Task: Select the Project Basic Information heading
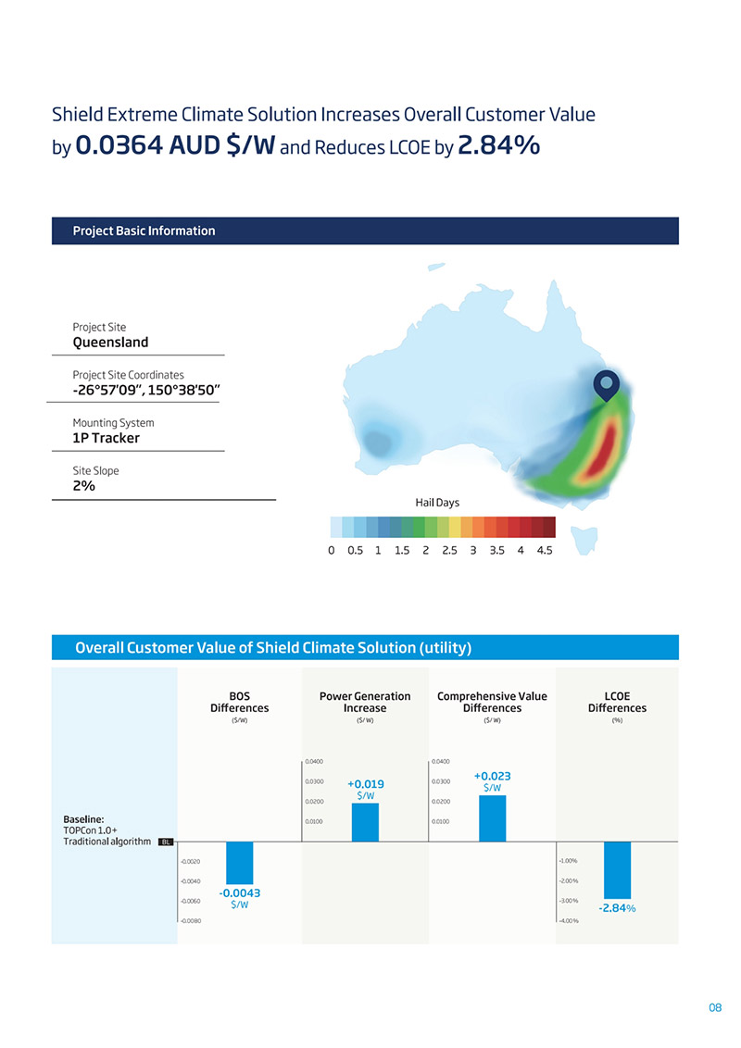tap(144, 231)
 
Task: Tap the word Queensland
tap(110, 343)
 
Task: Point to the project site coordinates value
tap(145, 390)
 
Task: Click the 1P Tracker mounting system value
tap(106, 438)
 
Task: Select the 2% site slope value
tap(84, 486)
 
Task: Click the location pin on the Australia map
tap(606, 384)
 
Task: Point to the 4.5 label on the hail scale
tap(544, 550)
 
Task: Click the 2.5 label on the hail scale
tap(449, 550)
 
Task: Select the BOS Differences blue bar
tap(239, 862)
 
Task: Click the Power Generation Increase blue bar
tap(365, 822)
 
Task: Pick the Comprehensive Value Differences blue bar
tap(492, 818)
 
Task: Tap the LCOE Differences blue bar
tap(617, 869)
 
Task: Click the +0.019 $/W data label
tap(366, 788)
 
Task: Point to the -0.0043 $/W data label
tap(239, 899)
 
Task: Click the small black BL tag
tap(166, 842)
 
